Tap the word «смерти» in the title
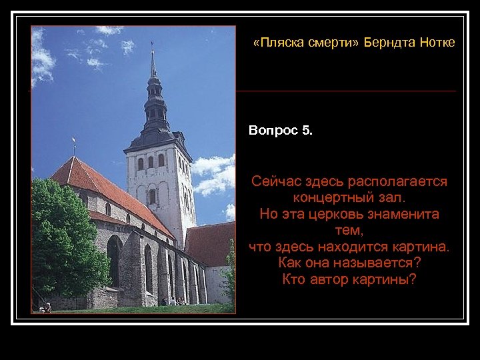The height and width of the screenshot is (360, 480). point(334,43)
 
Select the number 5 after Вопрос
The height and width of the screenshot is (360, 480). point(306,131)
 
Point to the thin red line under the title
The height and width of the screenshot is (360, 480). point(346,91)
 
